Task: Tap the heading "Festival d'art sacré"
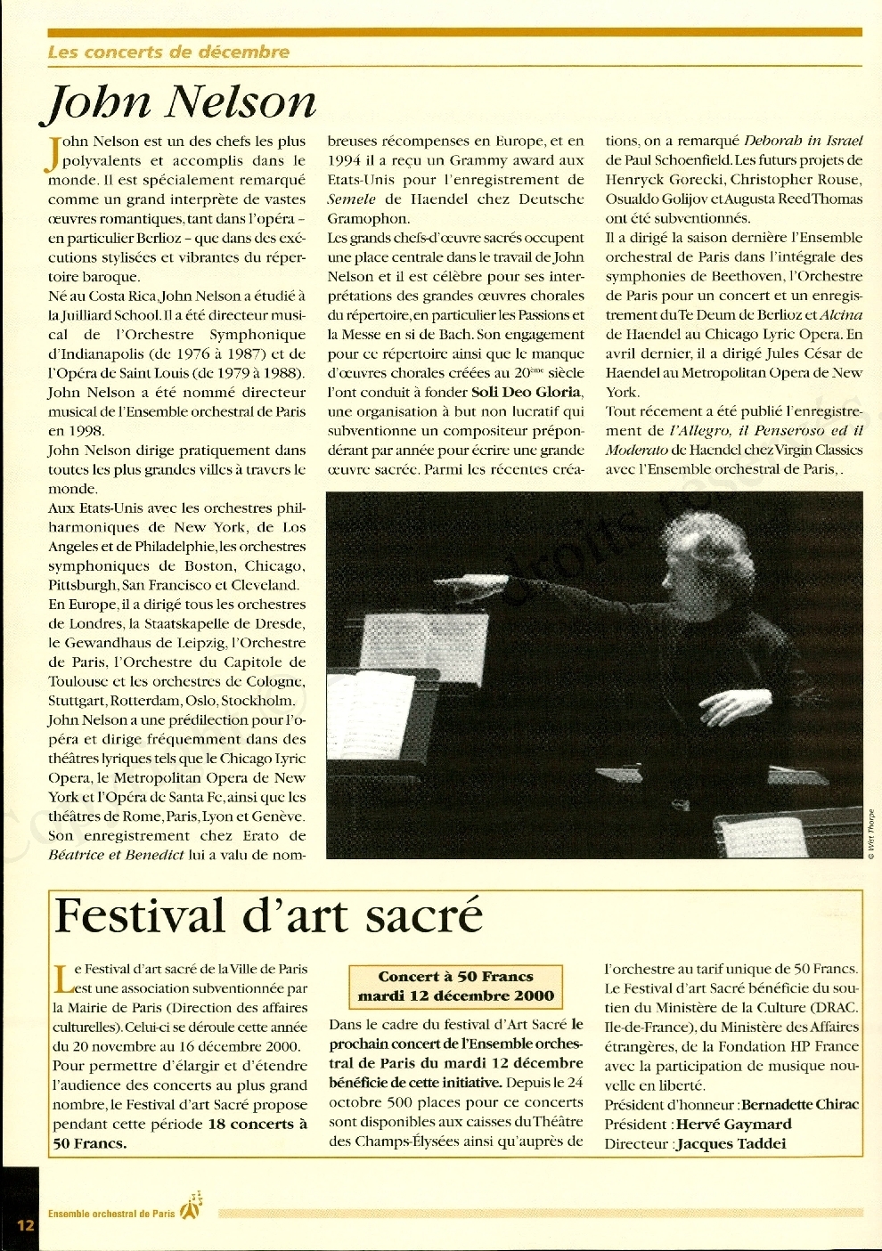[268, 916]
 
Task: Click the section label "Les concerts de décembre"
[168, 52]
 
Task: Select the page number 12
[24, 1224]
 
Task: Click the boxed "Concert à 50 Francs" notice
[455, 986]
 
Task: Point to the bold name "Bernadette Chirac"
[800, 1105]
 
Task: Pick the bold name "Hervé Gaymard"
[733, 1125]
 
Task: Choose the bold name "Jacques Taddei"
[731, 1144]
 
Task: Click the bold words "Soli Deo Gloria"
[527, 392]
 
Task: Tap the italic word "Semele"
[352, 199]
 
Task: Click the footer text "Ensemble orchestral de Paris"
[111, 1214]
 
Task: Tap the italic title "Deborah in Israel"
[803, 141]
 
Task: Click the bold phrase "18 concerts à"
[257, 1125]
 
